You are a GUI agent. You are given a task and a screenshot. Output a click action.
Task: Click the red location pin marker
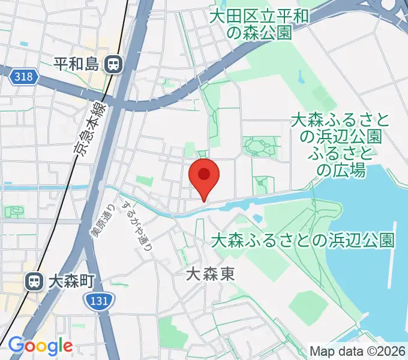[204, 175]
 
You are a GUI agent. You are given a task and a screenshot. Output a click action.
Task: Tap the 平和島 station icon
[112, 64]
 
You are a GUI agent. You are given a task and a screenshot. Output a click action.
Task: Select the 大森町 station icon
[35, 280]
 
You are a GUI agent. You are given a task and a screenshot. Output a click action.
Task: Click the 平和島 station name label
[76, 64]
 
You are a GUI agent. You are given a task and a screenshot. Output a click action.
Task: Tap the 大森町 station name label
[71, 280]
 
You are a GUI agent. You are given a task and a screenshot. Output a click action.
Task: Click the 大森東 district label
[209, 275]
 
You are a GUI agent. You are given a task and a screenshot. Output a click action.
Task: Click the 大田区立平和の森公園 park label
[259, 24]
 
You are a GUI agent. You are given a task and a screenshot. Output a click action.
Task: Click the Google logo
[40, 346]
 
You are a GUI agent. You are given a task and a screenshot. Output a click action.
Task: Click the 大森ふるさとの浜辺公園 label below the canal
[303, 241]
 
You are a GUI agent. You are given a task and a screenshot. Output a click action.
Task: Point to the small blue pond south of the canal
[257, 217]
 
